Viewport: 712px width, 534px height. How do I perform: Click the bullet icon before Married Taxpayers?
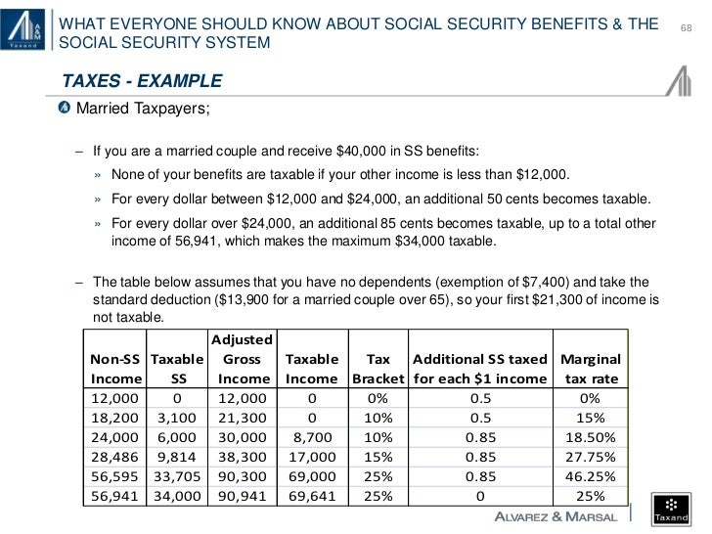pyautogui.click(x=66, y=106)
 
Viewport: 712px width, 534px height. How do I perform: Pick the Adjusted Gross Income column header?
pyautogui.click(x=244, y=358)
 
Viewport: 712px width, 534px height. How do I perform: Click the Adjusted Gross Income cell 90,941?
pyautogui.click(x=244, y=497)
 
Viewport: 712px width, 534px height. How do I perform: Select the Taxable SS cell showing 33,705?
pyautogui.click(x=178, y=475)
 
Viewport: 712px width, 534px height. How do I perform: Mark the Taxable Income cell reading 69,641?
pyautogui.click(x=312, y=497)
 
